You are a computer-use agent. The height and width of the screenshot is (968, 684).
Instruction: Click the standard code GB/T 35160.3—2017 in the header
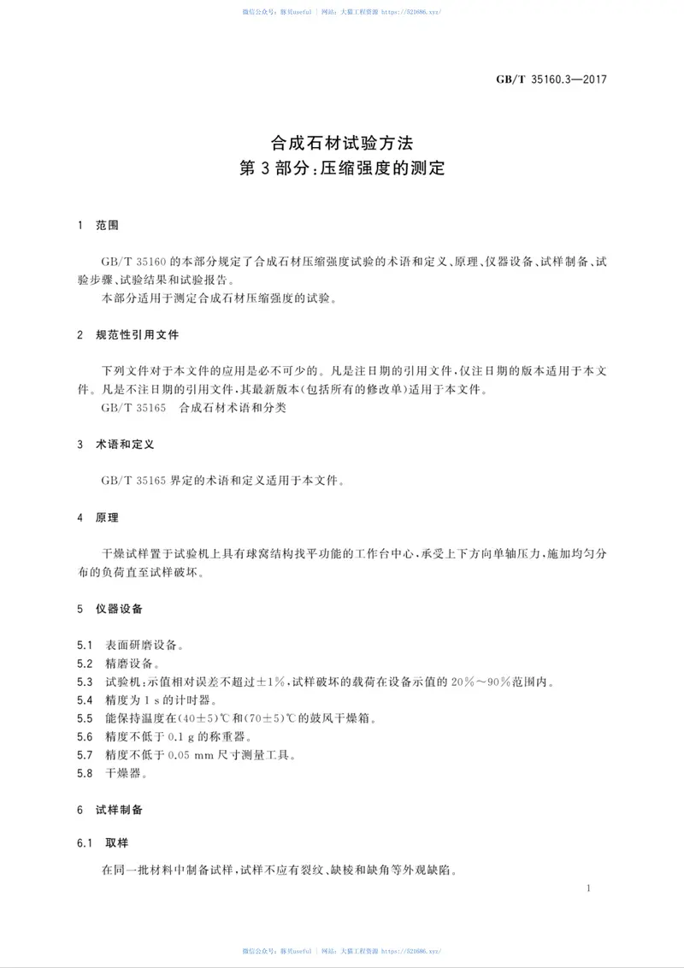click(x=551, y=80)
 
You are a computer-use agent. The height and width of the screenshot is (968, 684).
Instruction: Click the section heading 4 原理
click(x=97, y=517)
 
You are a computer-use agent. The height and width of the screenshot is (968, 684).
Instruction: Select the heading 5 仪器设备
click(x=109, y=610)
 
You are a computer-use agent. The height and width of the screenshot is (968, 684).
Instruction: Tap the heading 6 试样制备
click(x=109, y=808)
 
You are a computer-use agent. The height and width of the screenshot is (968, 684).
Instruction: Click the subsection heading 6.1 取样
click(x=103, y=842)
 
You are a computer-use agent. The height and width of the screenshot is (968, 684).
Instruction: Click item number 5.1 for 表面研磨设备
click(x=84, y=644)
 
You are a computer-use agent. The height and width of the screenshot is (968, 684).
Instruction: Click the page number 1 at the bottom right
click(x=590, y=889)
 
